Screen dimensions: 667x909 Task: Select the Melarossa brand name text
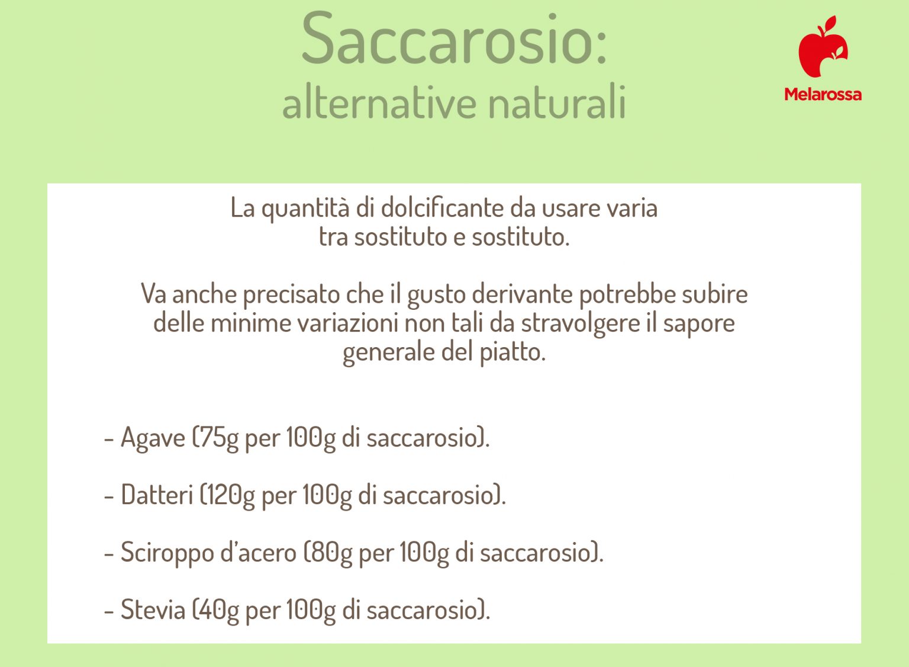click(x=823, y=94)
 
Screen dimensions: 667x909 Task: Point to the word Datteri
click(x=157, y=495)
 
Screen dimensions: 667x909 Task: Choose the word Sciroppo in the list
click(x=167, y=552)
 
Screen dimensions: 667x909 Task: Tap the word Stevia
click(x=153, y=610)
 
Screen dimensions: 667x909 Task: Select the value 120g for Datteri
click(x=230, y=495)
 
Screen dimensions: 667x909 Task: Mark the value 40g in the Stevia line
click(x=219, y=610)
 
